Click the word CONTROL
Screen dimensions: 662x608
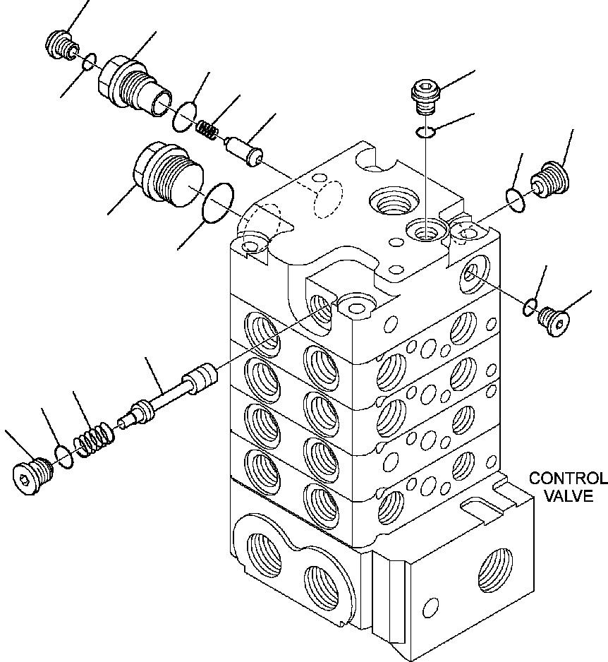click(568, 479)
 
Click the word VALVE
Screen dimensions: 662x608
click(568, 496)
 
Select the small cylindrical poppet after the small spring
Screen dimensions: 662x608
click(243, 152)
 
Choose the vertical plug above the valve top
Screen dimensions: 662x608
click(425, 96)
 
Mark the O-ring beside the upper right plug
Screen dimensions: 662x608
click(516, 198)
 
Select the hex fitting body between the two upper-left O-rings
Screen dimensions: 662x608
click(132, 83)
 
